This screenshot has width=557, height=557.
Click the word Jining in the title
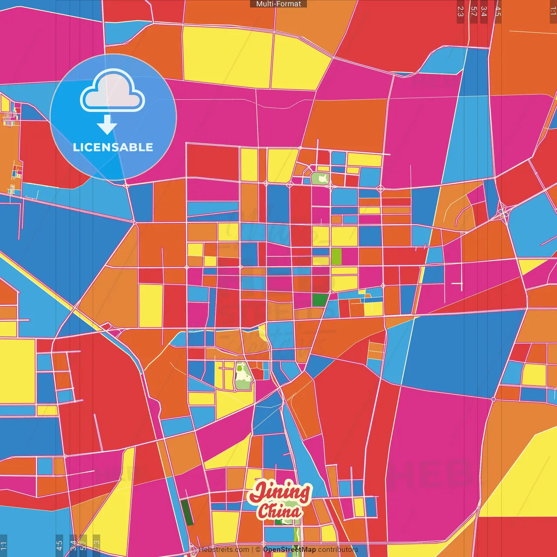[279, 492]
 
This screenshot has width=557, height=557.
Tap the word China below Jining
[279, 511]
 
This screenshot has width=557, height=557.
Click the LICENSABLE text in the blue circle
[113, 147]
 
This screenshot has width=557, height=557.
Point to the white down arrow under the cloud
[107, 124]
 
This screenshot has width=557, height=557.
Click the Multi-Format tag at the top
[278, 4]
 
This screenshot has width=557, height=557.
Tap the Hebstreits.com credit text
[224, 550]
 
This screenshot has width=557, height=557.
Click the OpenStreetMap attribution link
[289, 550]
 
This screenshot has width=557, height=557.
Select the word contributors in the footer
[338, 550]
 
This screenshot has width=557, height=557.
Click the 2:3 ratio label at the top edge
[460, 11]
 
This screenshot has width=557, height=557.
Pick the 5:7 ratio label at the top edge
[473, 11]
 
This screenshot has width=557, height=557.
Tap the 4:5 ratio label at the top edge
[498, 11]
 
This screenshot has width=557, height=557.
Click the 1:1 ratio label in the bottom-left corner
[4, 545]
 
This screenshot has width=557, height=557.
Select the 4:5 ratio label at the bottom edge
[59, 545]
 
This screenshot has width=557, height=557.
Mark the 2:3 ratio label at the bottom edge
[97, 545]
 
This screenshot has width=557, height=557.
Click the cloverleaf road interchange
[504, 213]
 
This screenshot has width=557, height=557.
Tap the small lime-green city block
[336, 256]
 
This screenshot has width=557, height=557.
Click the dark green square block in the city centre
[320, 299]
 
